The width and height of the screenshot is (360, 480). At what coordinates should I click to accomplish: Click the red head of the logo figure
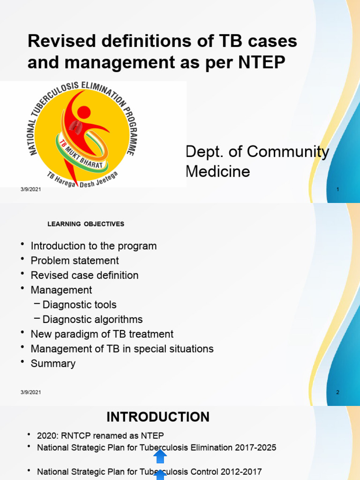pyautogui.click(x=83, y=112)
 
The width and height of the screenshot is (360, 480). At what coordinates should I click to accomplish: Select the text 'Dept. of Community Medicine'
pyautogui.click(x=257, y=161)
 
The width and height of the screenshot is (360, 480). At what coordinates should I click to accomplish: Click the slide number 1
pyautogui.click(x=337, y=188)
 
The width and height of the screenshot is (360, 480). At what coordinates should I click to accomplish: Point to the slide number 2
pyautogui.click(x=337, y=392)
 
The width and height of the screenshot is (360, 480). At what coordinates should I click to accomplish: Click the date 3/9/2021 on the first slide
pyautogui.click(x=30, y=188)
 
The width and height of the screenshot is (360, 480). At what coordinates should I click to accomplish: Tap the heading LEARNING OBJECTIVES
pyautogui.click(x=86, y=224)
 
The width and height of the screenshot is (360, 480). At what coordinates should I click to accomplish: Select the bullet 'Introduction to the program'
pyautogui.click(x=93, y=246)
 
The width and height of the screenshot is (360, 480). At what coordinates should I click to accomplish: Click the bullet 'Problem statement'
pyautogui.click(x=75, y=260)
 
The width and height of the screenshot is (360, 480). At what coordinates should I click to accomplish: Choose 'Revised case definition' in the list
pyautogui.click(x=84, y=275)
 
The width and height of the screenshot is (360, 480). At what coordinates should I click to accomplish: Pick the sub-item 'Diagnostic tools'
pyautogui.click(x=79, y=305)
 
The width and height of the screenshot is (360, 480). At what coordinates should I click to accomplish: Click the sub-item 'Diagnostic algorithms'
pyautogui.click(x=92, y=319)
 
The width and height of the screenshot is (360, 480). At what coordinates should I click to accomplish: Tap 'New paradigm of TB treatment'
pyautogui.click(x=102, y=334)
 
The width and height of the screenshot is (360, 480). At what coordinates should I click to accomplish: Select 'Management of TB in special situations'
pyautogui.click(x=122, y=349)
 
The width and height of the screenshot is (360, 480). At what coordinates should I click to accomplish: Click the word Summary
pyautogui.click(x=53, y=363)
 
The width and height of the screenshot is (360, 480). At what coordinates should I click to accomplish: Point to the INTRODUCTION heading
pyautogui.click(x=158, y=417)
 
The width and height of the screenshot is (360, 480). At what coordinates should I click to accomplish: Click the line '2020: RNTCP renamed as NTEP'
pyautogui.click(x=100, y=435)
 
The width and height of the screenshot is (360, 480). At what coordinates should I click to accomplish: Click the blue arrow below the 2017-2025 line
pyautogui.click(x=160, y=456)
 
